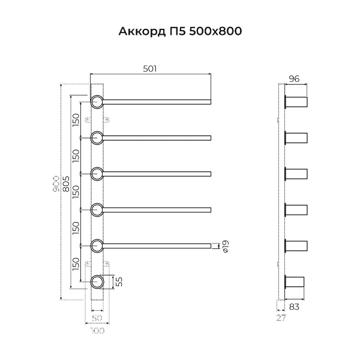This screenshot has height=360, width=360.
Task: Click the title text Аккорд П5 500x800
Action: [x=180, y=31]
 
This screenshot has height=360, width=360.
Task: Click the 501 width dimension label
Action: [x=150, y=68]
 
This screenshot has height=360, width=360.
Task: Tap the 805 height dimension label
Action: [x=66, y=184]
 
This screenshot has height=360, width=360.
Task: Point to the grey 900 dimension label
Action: [x=56, y=184]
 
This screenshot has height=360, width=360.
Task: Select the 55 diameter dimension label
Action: [x=119, y=282]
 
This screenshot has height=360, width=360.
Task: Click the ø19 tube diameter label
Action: [x=226, y=247]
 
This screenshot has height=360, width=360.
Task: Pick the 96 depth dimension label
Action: [x=294, y=79]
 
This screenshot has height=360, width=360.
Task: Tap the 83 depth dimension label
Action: [x=295, y=307]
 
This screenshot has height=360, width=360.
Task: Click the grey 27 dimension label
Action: [x=281, y=318]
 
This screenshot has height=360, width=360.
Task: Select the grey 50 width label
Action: [x=97, y=318]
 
